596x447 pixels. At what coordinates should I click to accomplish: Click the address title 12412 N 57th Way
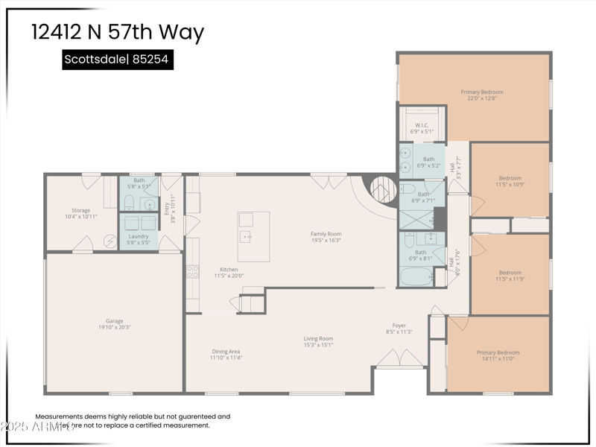click(x=118, y=32)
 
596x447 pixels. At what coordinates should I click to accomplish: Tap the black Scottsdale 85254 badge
click(x=118, y=60)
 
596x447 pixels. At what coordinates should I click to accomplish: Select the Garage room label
click(x=115, y=324)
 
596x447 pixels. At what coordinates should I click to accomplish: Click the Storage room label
click(x=80, y=213)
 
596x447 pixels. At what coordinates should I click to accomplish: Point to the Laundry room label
click(x=139, y=239)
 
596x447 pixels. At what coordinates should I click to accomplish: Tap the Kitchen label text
click(x=229, y=273)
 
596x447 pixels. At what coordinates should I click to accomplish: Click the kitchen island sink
click(x=245, y=236)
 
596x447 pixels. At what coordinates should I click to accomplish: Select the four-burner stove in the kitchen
click(x=192, y=271)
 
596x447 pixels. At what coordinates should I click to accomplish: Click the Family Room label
click(x=326, y=237)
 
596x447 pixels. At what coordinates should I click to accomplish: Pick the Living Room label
click(x=318, y=342)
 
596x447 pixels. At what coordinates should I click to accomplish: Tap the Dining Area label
click(x=225, y=355)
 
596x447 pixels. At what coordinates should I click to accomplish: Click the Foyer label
click(x=399, y=329)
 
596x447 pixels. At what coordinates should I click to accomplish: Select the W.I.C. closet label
click(x=422, y=127)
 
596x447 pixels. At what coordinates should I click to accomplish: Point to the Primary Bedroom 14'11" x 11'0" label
click(x=498, y=355)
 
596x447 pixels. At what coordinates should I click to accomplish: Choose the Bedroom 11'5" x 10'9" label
click(x=510, y=181)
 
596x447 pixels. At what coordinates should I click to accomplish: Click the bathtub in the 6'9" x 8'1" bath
click(x=416, y=278)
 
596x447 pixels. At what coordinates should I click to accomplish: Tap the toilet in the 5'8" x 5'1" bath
click(x=129, y=203)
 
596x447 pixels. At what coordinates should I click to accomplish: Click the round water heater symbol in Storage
click(x=110, y=242)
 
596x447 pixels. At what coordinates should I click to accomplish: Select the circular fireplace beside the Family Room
click(x=384, y=189)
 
